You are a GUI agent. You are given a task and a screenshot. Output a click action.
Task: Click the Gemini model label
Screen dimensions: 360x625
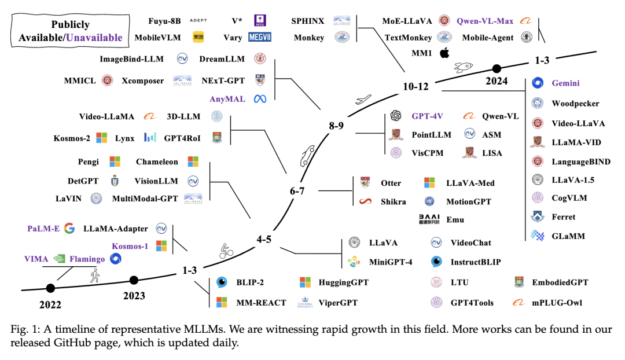tap(565, 83)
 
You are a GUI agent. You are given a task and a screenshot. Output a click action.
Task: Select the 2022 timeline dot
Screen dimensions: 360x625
tap(50, 287)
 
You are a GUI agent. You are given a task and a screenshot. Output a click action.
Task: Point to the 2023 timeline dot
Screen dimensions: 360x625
tap(134, 280)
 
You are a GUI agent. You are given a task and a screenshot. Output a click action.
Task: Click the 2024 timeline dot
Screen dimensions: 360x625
tap(496, 68)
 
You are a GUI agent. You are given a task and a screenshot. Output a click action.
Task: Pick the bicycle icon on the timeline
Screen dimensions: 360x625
tap(226, 250)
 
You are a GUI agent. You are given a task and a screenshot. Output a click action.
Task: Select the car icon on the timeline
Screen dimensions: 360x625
tap(305, 156)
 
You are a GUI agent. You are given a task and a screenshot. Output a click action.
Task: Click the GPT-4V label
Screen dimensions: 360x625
tap(429, 116)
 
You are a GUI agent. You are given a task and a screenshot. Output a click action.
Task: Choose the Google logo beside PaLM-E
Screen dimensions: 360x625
tap(70, 229)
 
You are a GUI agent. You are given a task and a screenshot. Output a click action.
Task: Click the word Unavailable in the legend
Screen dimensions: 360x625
tap(94, 38)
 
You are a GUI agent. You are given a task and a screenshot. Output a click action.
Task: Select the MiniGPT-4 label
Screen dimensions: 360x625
tap(391, 262)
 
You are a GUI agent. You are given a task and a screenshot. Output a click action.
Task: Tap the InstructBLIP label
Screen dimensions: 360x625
tap(476, 262)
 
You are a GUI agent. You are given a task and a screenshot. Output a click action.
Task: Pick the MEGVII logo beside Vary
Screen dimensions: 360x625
tap(260, 37)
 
